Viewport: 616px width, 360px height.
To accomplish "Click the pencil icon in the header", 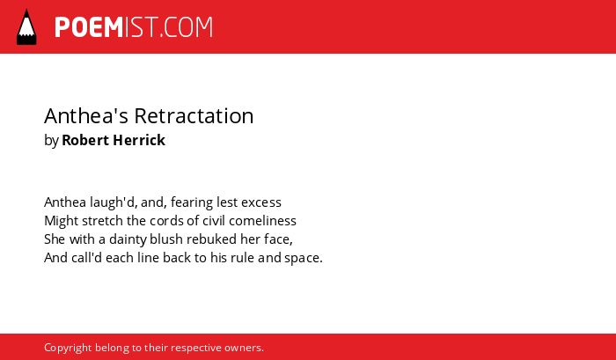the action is click(x=26, y=26).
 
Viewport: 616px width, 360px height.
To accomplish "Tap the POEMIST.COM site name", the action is click(x=134, y=27).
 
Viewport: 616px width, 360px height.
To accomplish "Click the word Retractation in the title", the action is click(x=194, y=116).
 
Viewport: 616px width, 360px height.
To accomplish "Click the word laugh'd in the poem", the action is click(x=114, y=202).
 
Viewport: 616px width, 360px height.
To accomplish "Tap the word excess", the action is click(x=261, y=202).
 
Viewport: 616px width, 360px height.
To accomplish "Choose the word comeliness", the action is click(x=262, y=221).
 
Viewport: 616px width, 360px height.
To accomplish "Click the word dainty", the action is click(x=128, y=239).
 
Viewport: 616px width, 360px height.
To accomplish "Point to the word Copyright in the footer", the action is click(x=68, y=349).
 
